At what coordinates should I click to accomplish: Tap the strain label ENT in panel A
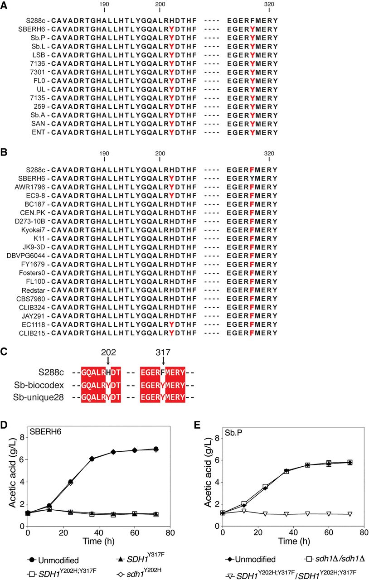(x=39, y=132)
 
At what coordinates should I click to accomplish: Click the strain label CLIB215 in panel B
(x=34, y=333)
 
